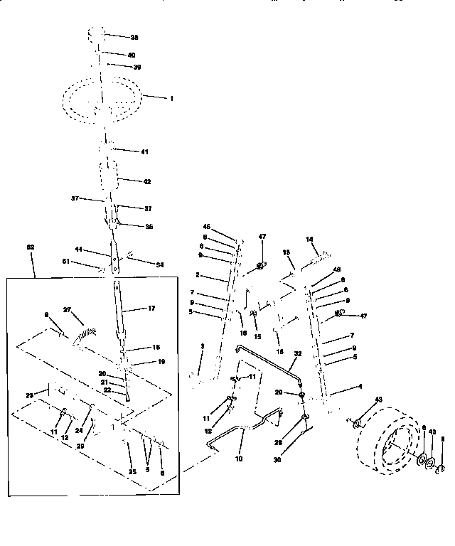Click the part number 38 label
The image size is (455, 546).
click(x=134, y=36)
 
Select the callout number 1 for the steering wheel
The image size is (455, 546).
click(x=171, y=97)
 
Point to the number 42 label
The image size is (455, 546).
click(x=147, y=181)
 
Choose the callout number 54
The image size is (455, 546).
click(x=159, y=264)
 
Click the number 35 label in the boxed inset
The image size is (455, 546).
click(x=132, y=471)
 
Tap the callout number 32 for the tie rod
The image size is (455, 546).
click(x=297, y=353)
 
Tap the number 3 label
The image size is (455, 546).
click(x=202, y=347)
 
